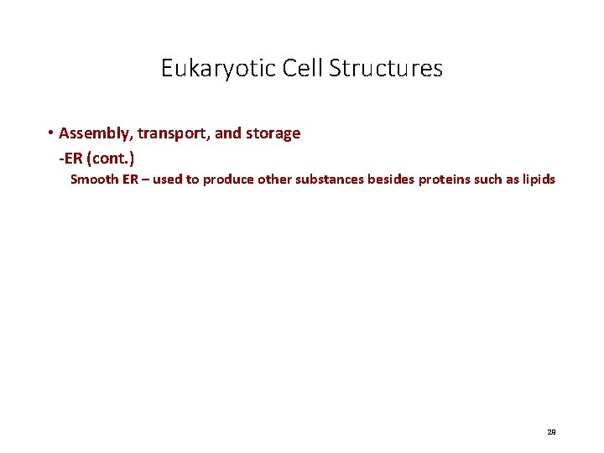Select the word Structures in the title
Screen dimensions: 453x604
pos(386,68)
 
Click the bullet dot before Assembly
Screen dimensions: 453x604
pos(51,133)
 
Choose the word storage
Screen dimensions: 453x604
pos(274,133)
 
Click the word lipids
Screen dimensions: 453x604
pos(537,179)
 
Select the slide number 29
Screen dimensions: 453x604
pos(551,432)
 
